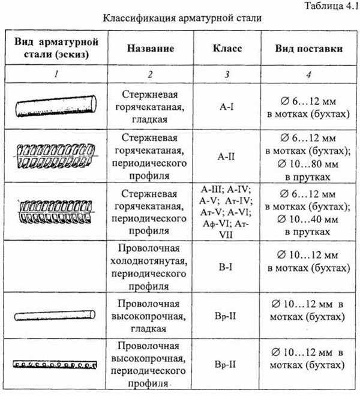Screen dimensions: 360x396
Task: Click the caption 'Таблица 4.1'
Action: point(332,6)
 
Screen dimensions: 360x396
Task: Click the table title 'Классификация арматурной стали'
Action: point(182,18)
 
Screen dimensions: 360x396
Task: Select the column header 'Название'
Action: point(151,48)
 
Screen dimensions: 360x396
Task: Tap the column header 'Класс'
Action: point(227,48)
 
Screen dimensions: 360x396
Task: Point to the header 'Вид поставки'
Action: point(309,49)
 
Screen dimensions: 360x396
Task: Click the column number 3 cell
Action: point(227,74)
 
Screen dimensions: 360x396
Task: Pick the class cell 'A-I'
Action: point(227,107)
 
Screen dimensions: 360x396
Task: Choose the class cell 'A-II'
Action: point(226,157)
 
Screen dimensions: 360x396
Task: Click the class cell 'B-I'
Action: point(226,267)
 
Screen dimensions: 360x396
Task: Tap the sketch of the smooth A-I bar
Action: point(56,106)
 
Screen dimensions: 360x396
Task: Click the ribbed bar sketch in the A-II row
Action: point(56,157)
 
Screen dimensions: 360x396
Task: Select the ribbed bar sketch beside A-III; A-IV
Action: point(56,212)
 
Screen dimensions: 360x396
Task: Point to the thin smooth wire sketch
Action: point(55,316)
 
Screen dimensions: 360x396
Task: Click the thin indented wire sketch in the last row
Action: point(55,365)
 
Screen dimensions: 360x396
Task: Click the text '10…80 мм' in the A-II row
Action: point(314,164)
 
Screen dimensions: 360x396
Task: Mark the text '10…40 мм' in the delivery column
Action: point(314,220)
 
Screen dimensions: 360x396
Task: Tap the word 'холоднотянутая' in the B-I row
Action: point(149,261)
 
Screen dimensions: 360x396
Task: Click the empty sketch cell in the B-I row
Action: point(56,266)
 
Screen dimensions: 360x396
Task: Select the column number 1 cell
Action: point(56,74)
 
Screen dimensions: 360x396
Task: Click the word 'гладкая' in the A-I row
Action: point(149,119)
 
